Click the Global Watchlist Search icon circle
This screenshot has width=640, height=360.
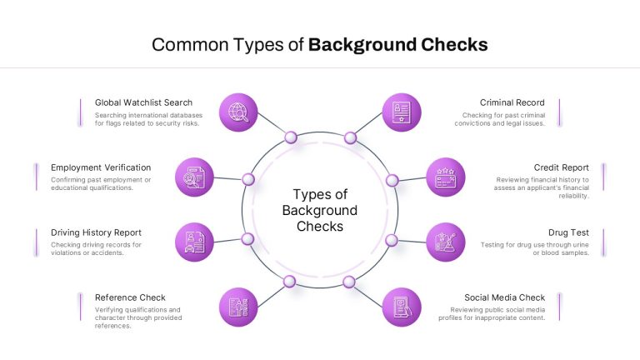pos(238,112)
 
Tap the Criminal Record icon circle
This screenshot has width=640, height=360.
pos(402,112)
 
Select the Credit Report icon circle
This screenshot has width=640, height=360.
pos(446,177)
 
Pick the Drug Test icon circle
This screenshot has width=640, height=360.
pos(446,242)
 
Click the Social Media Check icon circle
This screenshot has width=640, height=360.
pos(402,307)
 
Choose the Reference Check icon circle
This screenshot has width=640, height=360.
pos(238,307)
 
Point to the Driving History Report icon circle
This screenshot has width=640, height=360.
pos(194,242)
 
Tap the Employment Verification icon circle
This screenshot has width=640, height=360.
pos(194,177)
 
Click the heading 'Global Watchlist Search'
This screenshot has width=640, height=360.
pos(143,102)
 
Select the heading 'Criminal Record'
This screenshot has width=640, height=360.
pos(512,102)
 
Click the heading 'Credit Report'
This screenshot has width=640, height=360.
pos(561,167)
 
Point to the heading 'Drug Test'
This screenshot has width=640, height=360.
pos(568,232)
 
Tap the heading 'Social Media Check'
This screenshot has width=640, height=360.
pos(504,297)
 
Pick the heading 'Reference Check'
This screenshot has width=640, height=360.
pos(130,297)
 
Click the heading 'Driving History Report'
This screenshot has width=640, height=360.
pos(96,232)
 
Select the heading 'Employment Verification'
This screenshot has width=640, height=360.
pos(101,167)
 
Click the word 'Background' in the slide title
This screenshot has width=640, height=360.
pos(362,44)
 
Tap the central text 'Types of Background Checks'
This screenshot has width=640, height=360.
pos(320,210)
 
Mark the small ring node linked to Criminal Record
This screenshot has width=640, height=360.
pos(350,138)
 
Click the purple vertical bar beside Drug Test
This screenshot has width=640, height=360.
pos(603,242)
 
